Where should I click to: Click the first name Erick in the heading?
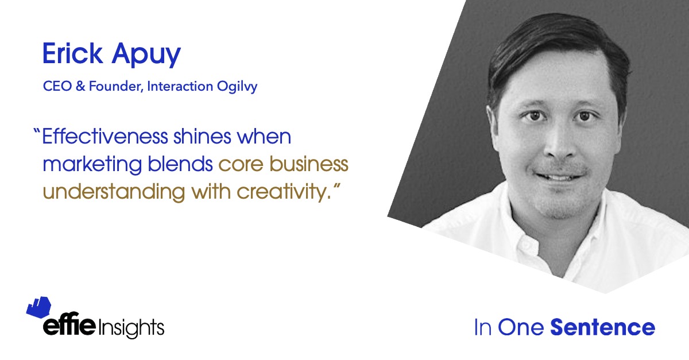(72, 53)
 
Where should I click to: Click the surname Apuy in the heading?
(146, 55)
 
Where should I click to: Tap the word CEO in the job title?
(57, 86)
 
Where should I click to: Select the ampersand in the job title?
(80, 86)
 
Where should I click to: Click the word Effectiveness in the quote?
(105, 136)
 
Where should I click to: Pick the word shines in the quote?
(202, 136)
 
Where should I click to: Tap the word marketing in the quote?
(92, 165)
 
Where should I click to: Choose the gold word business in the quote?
(309, 164)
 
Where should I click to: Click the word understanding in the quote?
(114, 192)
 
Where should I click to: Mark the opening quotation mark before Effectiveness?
(37, 131)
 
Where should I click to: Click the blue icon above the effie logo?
(39, 307)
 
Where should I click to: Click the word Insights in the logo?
(131, 328)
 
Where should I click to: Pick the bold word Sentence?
(603, 327)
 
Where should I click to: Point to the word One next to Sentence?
(521, 327)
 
